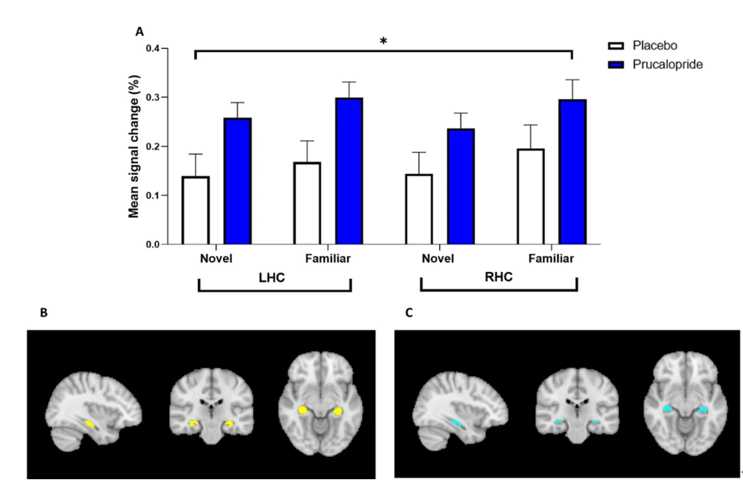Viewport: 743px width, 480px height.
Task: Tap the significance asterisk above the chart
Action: [383, 41]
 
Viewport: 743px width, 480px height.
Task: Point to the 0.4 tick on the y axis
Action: [150, 49]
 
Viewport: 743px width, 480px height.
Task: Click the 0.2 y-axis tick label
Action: [150, 147]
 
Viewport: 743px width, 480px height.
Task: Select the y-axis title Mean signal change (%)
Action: [134, 147]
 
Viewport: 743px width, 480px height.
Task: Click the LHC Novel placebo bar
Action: [195, 210]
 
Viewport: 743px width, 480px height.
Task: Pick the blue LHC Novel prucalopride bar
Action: [237, 181]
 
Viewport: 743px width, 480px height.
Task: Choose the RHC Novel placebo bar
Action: [419, 210]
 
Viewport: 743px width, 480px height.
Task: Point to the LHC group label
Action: [274, 277]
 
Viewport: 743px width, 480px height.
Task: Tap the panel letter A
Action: [140, 32]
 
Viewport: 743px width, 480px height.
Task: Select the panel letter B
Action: [44, 313]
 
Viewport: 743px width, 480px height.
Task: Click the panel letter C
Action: [409, 313]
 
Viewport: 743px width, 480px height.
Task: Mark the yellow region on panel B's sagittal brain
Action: [91, 424]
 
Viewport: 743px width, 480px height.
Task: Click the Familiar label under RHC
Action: [551, 259]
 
